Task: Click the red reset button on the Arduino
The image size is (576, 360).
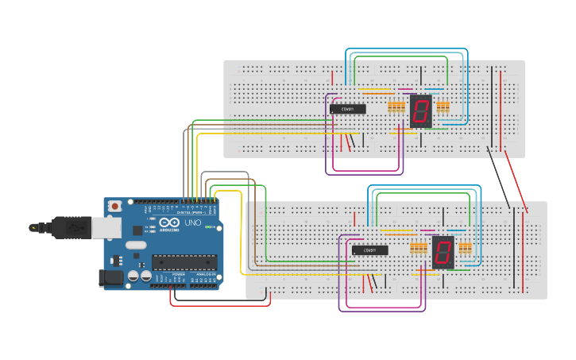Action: tap(115, 206)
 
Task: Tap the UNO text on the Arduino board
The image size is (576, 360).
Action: tap(193, 224)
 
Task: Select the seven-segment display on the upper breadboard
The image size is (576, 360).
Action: tap(421, 111)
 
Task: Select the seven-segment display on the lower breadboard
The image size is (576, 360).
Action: tap(443, 252)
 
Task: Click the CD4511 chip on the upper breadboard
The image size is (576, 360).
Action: tap(348, 109)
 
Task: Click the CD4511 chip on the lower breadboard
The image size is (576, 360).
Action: tap(370, 250)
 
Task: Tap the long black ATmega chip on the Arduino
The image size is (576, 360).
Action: tap(184, 261)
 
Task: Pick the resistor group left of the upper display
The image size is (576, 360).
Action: tap(396, 107)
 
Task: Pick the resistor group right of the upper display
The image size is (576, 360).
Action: tap(443, 107)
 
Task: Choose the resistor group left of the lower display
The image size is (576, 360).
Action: tap(418, 249)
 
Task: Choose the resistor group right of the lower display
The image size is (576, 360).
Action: tap(465, 249)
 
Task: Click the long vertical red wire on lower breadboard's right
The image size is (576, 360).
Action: tap(524, 250)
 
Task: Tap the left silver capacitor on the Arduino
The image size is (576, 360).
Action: tap(133, 276)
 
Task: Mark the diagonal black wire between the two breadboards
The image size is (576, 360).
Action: tap(498, 177)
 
